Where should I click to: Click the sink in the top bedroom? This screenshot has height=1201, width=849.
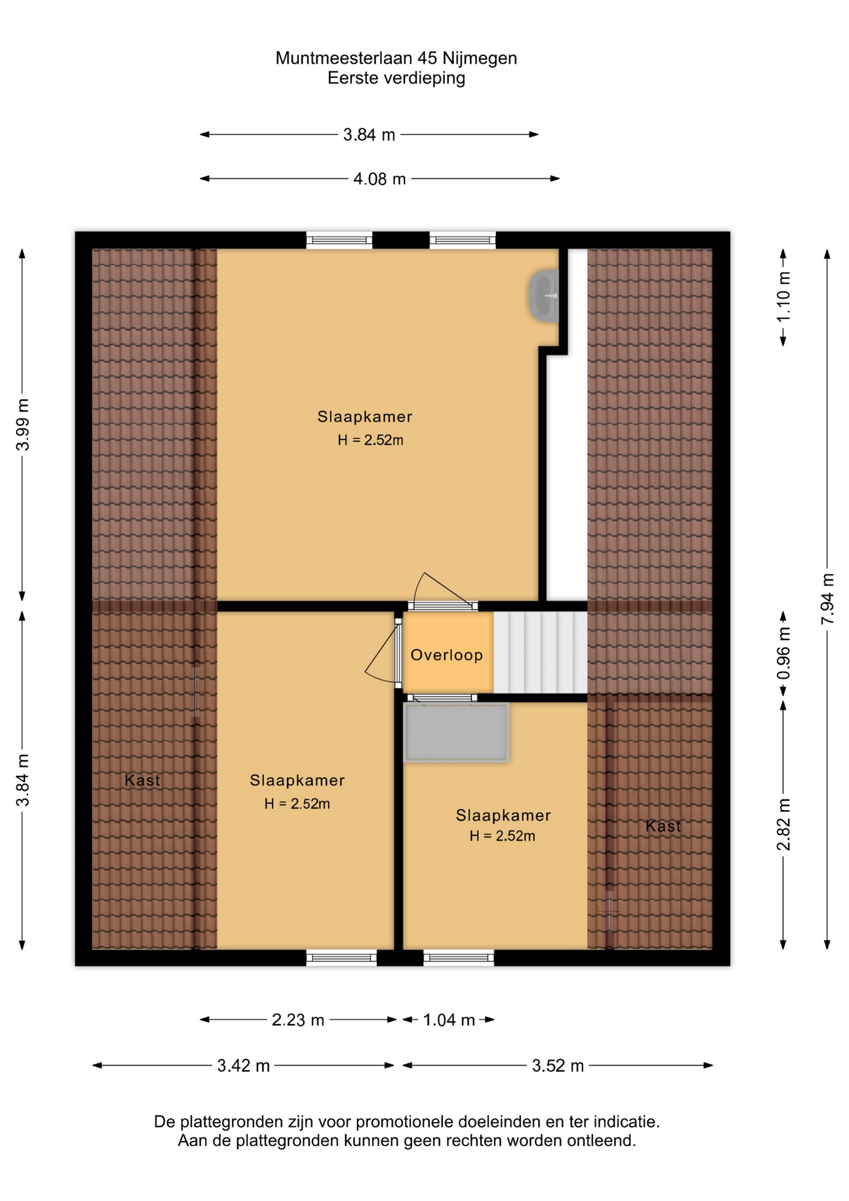(543, 296)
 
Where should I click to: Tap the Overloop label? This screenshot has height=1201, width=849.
(446, 655)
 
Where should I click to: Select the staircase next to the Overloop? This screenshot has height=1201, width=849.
(540, 652)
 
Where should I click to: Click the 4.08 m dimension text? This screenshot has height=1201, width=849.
(379, 180)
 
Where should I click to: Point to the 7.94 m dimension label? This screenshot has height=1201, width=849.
(827, 599)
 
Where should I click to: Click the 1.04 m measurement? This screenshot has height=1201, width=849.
(449, 1020)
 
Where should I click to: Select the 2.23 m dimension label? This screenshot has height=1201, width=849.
(298, 1020)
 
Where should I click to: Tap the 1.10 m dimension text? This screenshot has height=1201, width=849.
(783, 296)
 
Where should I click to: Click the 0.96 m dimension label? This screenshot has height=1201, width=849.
(783, 654)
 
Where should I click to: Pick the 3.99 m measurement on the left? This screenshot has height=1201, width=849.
(23, 424)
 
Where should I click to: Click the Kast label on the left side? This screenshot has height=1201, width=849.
(143, 780)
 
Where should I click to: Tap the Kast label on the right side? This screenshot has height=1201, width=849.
(663, 826)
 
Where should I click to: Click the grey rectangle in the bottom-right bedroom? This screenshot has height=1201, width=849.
(456, 732)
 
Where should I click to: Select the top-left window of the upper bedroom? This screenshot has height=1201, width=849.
(339, 240)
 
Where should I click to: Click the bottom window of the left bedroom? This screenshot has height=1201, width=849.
(341, 958)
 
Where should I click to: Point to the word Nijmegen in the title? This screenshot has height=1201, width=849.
(480, 58)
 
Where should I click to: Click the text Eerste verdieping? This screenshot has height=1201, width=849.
(396, 78)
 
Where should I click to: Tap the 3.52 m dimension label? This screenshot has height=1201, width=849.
(558, 1066)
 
